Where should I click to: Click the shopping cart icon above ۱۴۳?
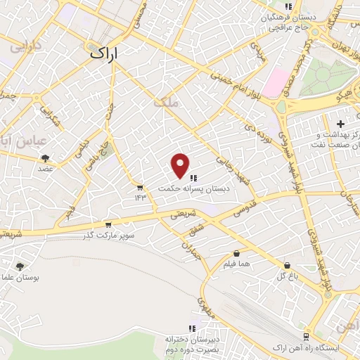(x=140, y=187)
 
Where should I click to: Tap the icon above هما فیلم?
(x=236, y=253)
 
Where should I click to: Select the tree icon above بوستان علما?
(x=19, y=266)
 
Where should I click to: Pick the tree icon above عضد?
(x=46, y=158)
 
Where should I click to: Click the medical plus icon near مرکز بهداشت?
(x=340, y=123)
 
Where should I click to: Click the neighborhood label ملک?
(x=169, y=102)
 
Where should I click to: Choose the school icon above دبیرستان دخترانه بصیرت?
(x=191, y=328)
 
